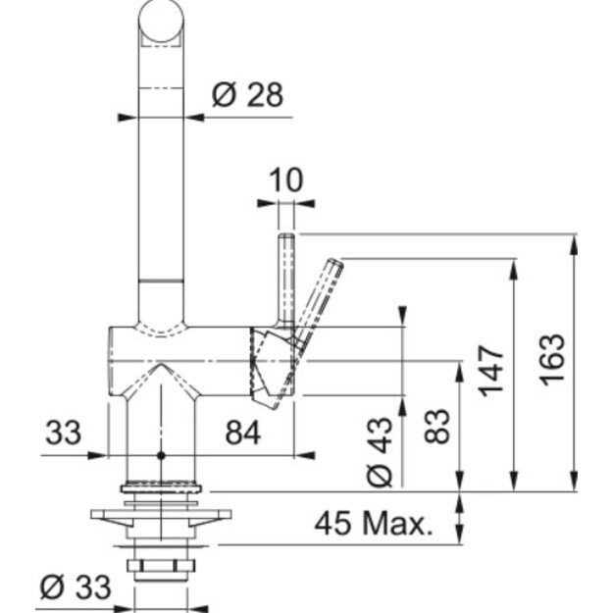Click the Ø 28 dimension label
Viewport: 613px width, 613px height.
tap(247, 94)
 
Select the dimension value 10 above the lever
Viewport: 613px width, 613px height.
tap(286, 179)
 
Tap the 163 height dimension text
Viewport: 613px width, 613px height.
tap(552, 360)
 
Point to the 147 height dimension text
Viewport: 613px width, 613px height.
tap(491, 371)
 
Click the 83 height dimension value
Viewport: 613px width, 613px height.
tap(437, 426)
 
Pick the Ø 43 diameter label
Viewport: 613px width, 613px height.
tap(380, 452)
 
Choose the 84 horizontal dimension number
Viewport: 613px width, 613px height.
tap(243, 433)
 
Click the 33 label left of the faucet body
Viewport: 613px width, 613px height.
tap(64, 433)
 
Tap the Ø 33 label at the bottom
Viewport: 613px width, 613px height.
tap(76, 587)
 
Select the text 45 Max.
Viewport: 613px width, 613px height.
tap(374, 524)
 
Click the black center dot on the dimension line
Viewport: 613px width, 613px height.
tap(161, 455)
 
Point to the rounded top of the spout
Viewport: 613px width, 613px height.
tap(161, 20)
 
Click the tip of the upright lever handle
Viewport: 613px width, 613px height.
tap(286, 235)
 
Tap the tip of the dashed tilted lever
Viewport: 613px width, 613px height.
tap(336, 263)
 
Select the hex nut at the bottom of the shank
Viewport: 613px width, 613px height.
tap(160, 566)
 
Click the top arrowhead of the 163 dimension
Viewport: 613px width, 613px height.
tap(574, 243)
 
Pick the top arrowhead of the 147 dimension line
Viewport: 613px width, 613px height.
tap(514, 268)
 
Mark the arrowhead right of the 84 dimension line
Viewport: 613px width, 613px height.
tap(305, 455)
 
